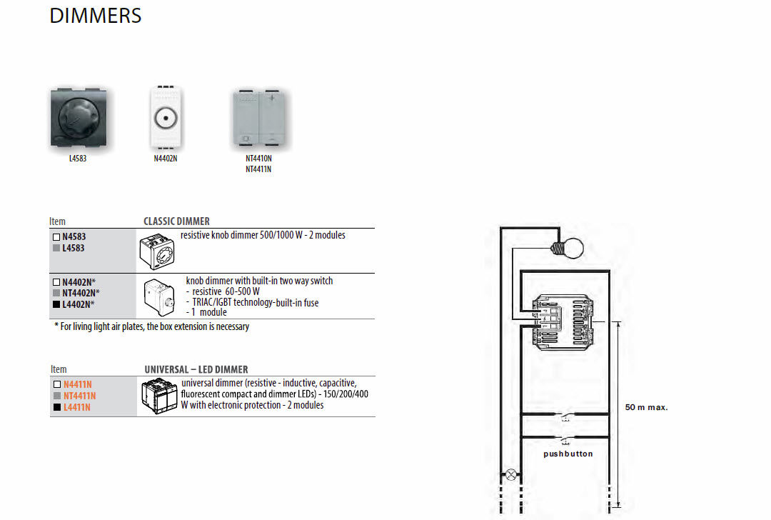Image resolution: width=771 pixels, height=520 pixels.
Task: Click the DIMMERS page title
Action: [96, 16]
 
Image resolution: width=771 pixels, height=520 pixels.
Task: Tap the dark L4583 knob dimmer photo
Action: [79, 118]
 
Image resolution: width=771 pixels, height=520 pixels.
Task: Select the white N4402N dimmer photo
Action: [166, 118]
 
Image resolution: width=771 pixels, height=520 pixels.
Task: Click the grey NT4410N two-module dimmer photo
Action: [258, 118]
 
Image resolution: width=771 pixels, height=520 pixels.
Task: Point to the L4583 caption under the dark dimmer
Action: [78, 159]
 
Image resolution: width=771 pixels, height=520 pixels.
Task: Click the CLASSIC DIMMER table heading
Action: [176, 221]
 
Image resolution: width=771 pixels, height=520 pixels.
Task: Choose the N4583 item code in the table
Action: [74, 236]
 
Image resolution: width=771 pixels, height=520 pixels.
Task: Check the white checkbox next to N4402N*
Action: [56, 282]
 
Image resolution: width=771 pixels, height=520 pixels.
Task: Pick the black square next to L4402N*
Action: [56, 304]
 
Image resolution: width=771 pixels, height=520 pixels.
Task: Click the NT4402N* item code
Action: [81, 293]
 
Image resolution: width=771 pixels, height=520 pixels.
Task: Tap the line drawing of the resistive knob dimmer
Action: [157, 251]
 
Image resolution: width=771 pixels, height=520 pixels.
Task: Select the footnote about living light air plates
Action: [152, 326]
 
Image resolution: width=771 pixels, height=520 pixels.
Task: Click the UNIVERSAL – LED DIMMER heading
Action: [196, 369]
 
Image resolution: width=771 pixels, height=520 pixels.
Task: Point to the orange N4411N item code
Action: [77, 385]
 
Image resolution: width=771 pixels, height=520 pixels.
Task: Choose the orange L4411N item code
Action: [76, 407]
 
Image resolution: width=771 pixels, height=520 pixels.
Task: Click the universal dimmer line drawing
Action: [159, 396]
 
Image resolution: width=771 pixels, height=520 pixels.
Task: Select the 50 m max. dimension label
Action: [646, 407]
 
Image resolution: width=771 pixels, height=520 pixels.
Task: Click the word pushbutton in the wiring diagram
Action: [568, 454]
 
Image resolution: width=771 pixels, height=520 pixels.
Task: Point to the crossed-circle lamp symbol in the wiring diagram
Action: [511, 475]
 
